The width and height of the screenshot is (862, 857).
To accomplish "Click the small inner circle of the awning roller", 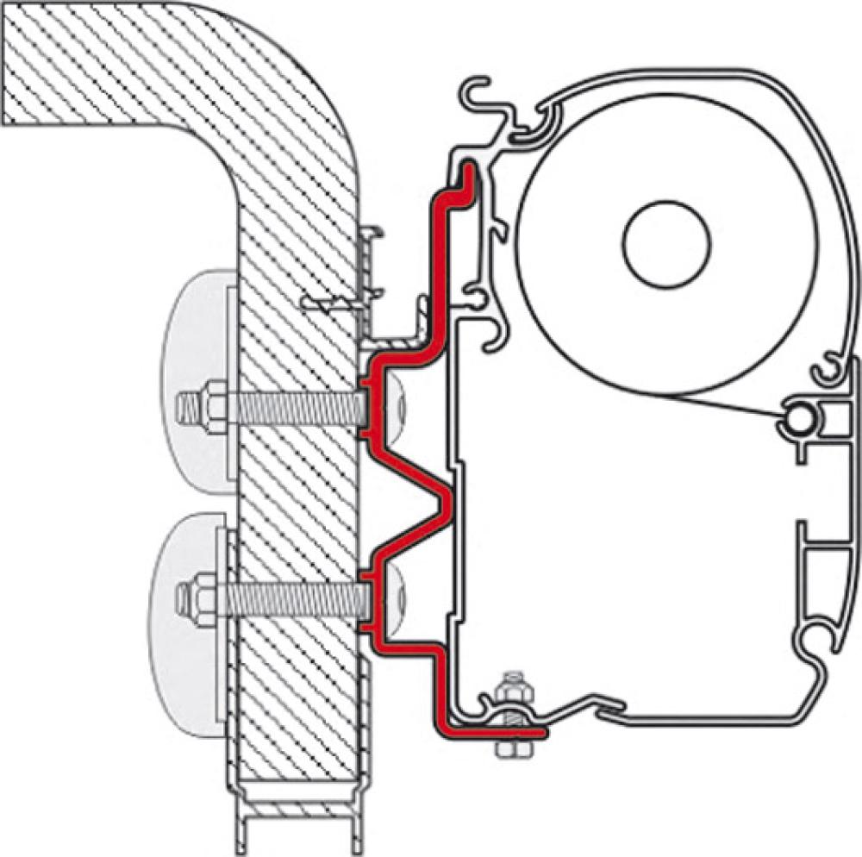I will (x=667, y=244).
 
